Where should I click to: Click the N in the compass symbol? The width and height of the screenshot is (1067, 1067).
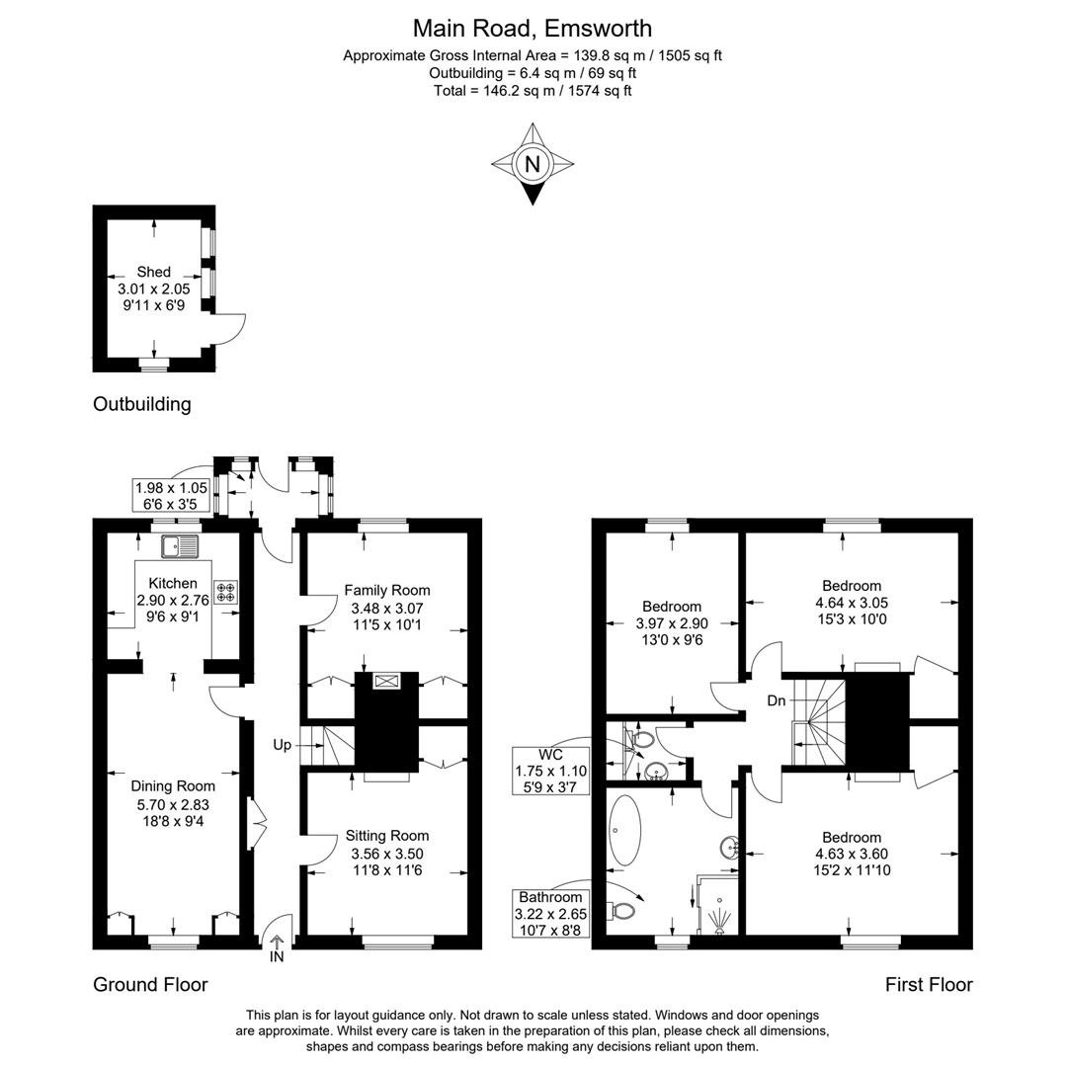click(533, 164)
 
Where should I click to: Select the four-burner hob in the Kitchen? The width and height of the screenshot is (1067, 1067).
click(225, 591)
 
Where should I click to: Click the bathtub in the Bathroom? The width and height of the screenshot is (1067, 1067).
click(624, 830)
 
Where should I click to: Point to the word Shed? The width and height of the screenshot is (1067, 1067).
click(153, 272)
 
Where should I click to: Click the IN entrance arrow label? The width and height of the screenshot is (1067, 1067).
click(277, 956)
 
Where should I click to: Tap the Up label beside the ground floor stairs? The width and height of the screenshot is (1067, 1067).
click(283, 745)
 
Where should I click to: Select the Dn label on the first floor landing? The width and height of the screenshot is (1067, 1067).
click(777, 700)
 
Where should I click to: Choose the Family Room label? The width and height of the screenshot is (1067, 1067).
click(387, 591)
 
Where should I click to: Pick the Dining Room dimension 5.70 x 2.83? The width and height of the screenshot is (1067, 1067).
click(173, 804)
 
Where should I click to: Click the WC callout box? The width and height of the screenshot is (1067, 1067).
click(550, 771)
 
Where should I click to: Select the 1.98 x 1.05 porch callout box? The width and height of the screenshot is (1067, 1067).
click(173, 495)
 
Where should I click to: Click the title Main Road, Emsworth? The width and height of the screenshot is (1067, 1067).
click(533, 28)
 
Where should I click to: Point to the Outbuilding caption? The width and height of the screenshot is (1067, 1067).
click(141, 404)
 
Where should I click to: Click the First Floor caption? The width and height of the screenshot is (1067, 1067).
click(928, 984)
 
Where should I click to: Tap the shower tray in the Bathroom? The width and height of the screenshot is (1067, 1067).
click(718, 904)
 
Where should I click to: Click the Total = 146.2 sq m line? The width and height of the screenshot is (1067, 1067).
click(533, 91)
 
